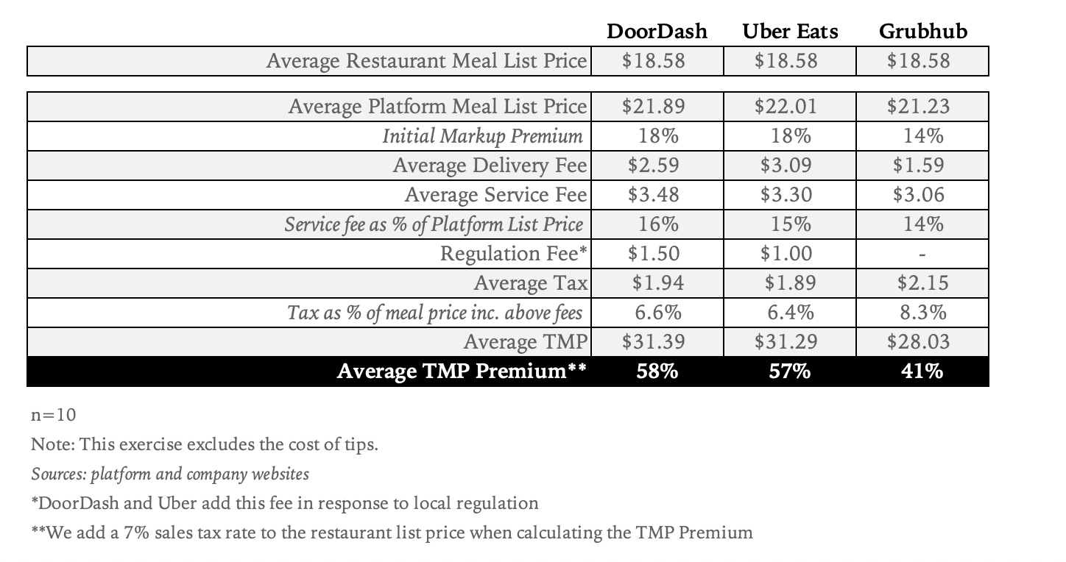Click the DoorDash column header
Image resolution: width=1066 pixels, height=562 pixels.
click(x=657, y=32)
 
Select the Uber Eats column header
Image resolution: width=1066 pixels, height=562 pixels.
click(x=790, y=32)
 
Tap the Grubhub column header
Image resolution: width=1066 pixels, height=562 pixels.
click(x=923, y=32)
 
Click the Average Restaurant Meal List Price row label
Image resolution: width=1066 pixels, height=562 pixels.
click(x=427, y=61)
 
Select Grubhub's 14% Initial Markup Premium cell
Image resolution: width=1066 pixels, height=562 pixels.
click(x=923, y=136)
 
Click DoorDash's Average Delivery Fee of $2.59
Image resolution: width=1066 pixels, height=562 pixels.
click(x=653, y=166)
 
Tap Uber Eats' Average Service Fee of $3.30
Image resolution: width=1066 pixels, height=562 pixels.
click(x=786, y=195)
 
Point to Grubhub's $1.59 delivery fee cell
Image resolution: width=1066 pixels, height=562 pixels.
click(x=918, y=166)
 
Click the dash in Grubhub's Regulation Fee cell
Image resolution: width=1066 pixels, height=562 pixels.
click(x=923, y=255)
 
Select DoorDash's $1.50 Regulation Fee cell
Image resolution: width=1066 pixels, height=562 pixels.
click(x=653, y=254)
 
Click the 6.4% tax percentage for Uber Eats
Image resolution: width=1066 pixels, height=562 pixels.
click(x=790, y=313)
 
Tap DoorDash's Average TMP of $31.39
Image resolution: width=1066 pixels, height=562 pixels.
click(x=653, y=342)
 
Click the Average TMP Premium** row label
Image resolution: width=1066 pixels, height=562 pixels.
click(x=462, y=371)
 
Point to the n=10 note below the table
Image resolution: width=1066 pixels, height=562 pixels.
click(x=53, y=415)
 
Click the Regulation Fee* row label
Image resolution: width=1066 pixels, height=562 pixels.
click(x=514, y=254)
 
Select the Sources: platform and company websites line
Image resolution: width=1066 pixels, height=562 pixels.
click(x=170, y=474)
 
